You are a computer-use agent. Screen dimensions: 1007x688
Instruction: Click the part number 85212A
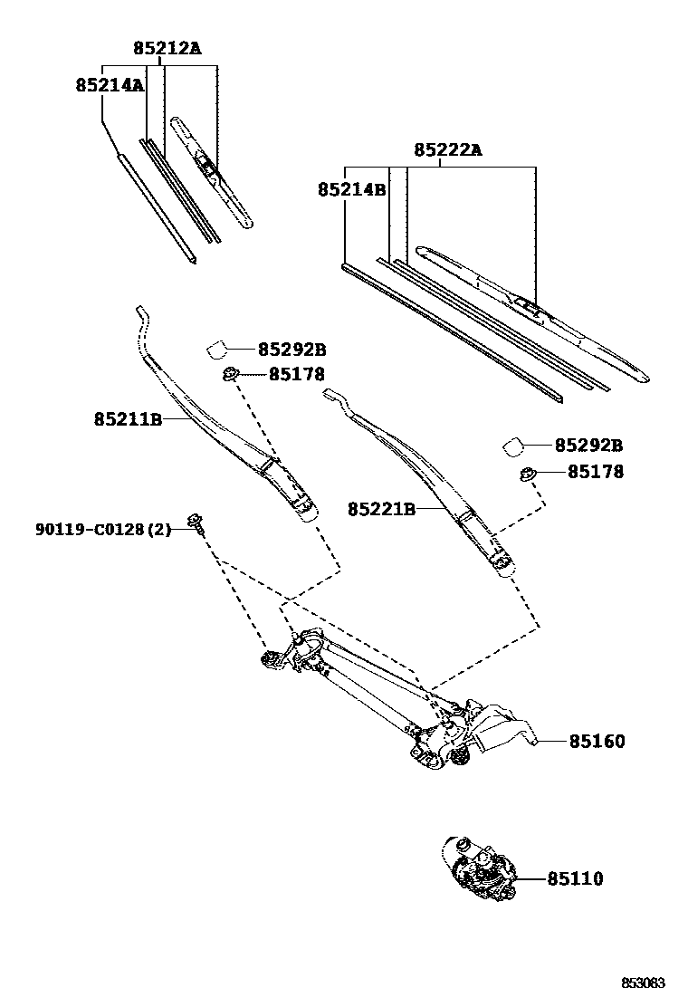tap(167, 49)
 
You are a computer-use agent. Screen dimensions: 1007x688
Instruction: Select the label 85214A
tap(110, 85)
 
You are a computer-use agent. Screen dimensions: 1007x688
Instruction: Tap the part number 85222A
tap(448, 150)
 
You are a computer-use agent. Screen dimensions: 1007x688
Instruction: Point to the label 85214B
tap(351, 190)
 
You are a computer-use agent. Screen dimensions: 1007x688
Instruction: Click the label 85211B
tap(127, 419)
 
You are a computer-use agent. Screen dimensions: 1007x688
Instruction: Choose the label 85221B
tap(381, 510)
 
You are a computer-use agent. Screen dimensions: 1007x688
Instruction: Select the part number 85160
tap(597, 742)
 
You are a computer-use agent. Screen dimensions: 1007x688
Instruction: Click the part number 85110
tap(575, 878)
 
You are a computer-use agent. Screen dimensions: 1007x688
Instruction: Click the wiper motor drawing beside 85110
tap(479, 870)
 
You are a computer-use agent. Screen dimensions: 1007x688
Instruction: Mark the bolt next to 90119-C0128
tap(195, 520)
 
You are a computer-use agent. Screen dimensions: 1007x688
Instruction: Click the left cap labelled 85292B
tap(216, 349)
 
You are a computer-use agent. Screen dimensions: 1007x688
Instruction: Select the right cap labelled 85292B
tap(512, 446)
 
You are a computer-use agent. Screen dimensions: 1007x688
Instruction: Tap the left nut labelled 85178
tap(230, 373)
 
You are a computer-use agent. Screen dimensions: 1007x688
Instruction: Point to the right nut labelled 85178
tap(527, 472)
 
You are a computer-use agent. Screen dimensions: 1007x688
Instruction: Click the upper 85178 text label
tap(296, 374)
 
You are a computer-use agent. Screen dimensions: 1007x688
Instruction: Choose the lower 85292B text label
tap(588, 446)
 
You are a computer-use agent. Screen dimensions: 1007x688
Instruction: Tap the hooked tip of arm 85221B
tap(331, 396)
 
